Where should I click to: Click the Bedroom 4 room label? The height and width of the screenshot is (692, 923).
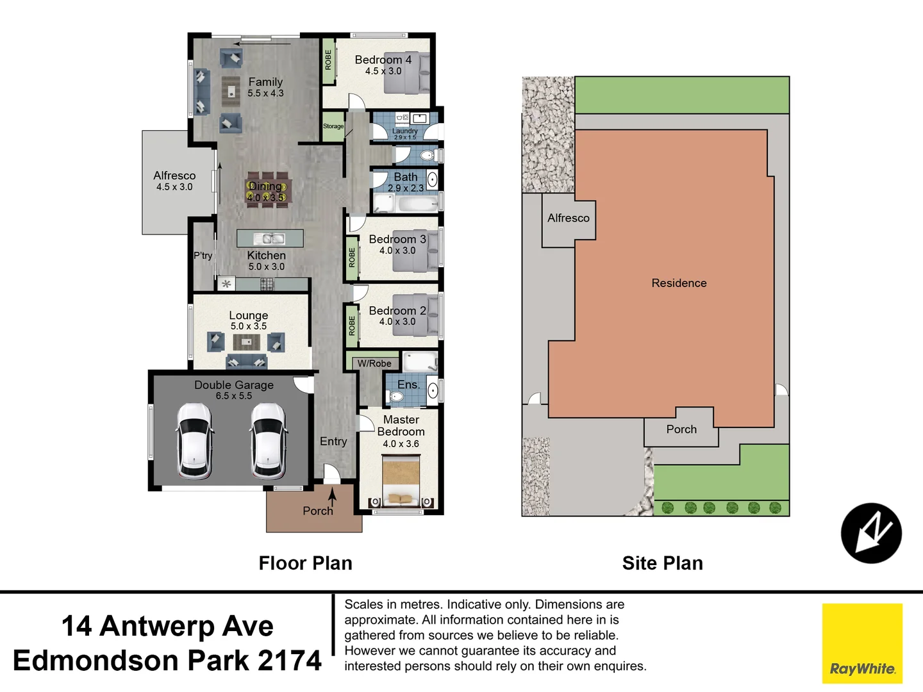click(383, 60)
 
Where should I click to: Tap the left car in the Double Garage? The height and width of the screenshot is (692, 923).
click(195, 441)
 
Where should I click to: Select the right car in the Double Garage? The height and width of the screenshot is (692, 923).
click(269, 441)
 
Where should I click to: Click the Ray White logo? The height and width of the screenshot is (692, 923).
click(862, 643)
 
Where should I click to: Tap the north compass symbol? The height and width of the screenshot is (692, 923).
click(871, 533)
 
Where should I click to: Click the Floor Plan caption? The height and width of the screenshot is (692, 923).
click(305, 563)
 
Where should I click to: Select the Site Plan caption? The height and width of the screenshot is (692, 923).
click(662, 563)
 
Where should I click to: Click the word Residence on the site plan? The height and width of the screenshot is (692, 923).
click(679, 283)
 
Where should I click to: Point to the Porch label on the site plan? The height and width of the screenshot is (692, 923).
click(681, 429)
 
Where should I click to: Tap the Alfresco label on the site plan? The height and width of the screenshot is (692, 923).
click(568, 218)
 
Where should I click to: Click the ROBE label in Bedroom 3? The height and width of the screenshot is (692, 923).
click(352, 258)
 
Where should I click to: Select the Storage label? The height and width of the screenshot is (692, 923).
click(333, 126)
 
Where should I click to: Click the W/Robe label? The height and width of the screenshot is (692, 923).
click(374, 363)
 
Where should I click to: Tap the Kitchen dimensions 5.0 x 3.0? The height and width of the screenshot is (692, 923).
click(267, 267)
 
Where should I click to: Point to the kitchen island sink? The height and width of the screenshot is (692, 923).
click(270, 239)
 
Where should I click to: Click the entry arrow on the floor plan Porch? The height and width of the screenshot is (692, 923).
click(332, 497)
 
